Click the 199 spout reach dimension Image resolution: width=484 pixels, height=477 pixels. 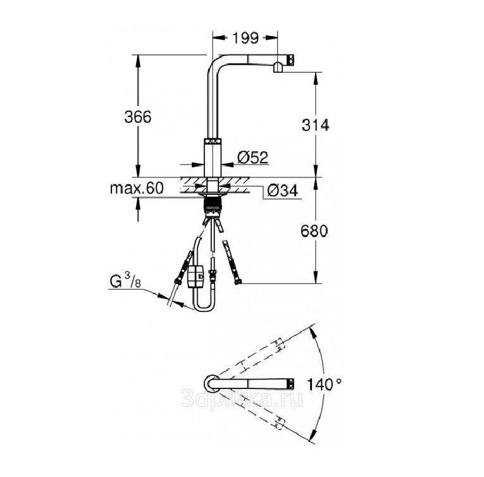coord(245,38)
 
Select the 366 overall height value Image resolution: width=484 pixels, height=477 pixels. coord(138,117)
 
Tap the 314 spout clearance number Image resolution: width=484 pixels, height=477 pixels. coord(316,125)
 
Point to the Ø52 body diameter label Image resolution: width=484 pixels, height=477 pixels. coord(253,158)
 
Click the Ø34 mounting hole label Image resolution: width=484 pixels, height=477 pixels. coord(283,190)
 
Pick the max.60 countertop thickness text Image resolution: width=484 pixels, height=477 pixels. coord(137,188)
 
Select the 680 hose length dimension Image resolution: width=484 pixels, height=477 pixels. coord(314,232)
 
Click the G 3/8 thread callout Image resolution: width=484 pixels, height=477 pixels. coord(125,281)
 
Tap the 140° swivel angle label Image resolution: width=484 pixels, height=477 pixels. coord(324,385)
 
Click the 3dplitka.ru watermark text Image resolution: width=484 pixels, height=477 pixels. coord(242,399)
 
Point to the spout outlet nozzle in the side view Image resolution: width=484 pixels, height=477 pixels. coord(278,68)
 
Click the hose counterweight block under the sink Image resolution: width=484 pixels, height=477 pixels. coord(195,276)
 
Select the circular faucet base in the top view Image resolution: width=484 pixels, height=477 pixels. coord(212,383)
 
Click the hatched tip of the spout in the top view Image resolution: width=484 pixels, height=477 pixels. coord(291,383)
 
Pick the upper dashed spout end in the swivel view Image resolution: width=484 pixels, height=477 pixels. coord(279,344)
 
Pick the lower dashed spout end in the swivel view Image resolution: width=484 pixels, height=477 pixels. coord(279,423)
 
